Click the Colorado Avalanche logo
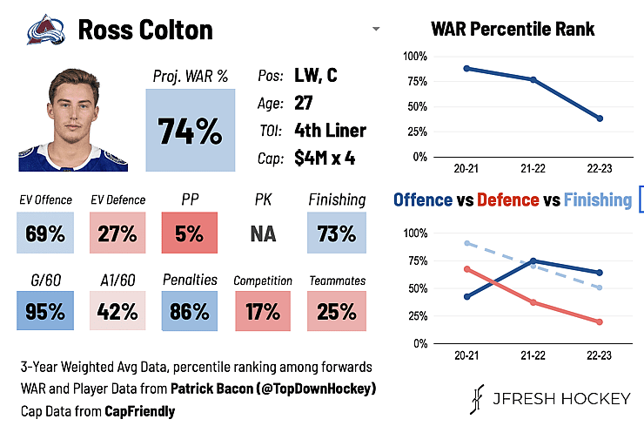(x=46, y=30)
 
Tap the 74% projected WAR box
(x=191, y=130)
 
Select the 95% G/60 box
(x=45, y=310)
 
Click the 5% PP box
(x=190, y=233)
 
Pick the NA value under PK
(x=263, y=234)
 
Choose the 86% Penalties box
(x=190, y=310)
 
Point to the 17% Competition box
(x=263, y=310)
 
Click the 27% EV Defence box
(x=117, y=233)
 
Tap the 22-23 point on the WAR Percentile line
(x=600, y=118)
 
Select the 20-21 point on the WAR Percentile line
(x=466, y=68)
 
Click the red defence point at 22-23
(x=600, y=322)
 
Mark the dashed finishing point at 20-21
(x=467, y=243)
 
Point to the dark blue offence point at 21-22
(x=533, y=260)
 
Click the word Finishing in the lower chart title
(x=598, y=200)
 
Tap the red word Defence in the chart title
(x=507, y=200)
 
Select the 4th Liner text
(x=330, y=131)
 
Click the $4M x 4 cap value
(x=325, y=158)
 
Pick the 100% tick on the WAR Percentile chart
(x=415, y=57)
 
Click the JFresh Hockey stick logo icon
(x=477, y=399)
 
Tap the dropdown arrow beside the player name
(x=376, y=29)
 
